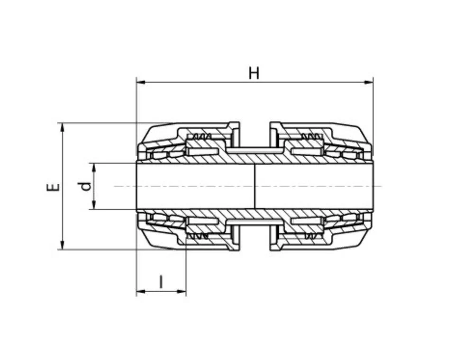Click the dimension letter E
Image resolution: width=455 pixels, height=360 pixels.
[x=53, y=187]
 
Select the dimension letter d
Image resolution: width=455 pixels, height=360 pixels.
[x=86, y=186]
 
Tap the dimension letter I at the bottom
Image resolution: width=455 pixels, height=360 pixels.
[x=161, y=282]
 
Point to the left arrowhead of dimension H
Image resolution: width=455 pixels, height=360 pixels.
[x=141, y=82]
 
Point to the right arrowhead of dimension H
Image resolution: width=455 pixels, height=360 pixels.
[x=368, y=82]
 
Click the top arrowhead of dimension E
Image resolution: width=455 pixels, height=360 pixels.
[x=62, y=127]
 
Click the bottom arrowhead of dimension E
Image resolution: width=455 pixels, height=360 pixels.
[x=62, y=245]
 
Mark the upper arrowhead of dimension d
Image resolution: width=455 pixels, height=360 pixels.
[x=94, y=168]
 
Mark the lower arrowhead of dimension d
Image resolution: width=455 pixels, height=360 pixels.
[x=94, y=205]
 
